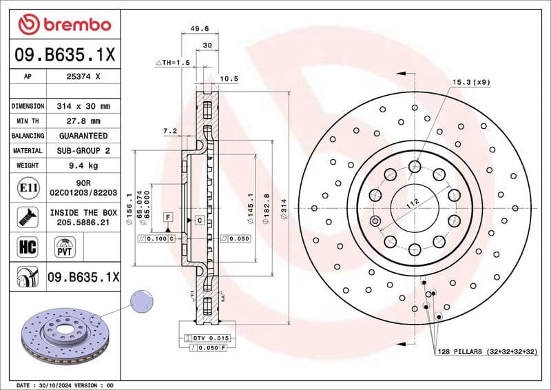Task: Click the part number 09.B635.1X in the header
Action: coord(64,54)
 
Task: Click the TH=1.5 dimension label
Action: coord(173,63)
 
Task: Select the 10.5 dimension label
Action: coord(229,79)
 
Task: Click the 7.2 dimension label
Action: coord(170,130)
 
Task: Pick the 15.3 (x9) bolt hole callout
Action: coord(470,83)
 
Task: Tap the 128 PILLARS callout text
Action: coord(487,352)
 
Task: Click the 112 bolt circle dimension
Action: coord(413,203)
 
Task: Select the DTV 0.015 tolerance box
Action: coord(205,338)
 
